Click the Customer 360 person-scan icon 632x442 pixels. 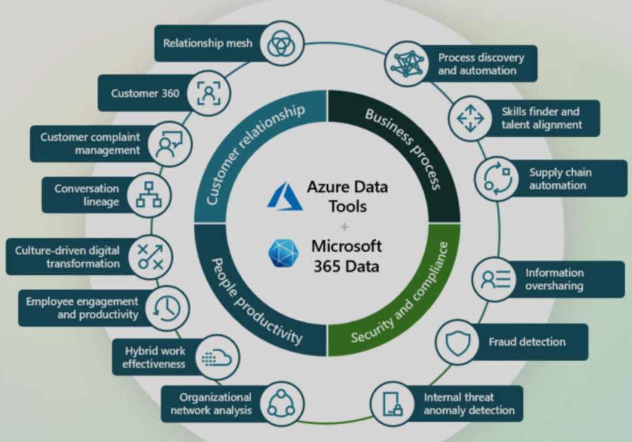[x=207, y=94]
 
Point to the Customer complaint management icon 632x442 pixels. [x=168, y=144]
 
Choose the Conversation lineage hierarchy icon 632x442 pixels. [x=148, y=194]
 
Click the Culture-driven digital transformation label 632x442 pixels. [x=68, y=257]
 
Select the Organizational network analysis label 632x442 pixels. [x=211, y=404]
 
